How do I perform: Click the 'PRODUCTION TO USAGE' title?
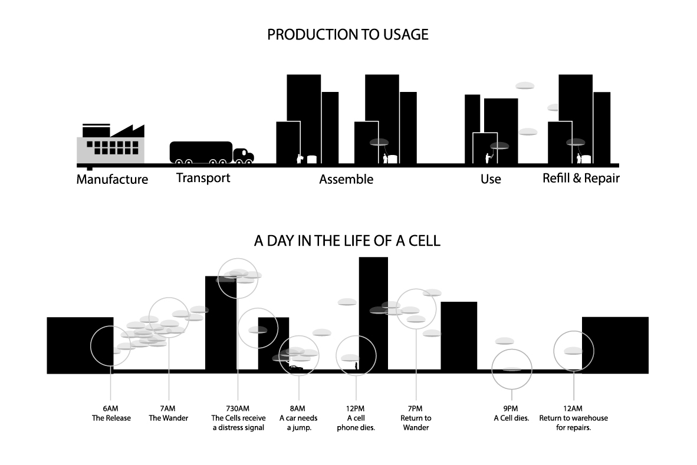coord(347,35)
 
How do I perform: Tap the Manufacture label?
coord(112,179)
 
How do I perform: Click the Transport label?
coord(203,177)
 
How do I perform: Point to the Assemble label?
coord(346,179)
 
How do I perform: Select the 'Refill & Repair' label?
coord(581,178)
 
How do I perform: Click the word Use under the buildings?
coord(491,179)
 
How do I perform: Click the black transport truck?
coord(211,153)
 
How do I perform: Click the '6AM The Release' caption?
coord(111,414)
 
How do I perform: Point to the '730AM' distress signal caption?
coord(238,418)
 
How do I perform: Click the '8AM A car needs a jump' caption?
coord(298,418)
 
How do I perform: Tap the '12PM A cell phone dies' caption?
coord(356,418)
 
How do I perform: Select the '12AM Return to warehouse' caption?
coord(573,418)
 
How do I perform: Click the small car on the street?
coord(295,368)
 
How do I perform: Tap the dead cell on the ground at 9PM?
coord(512,370)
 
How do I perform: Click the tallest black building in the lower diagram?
coord(373,312)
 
